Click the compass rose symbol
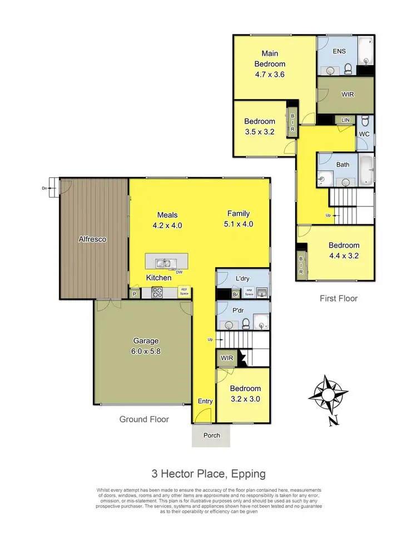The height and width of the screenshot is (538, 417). click(x=329, y=397)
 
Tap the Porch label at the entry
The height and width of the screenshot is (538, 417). click(x=211, y=435)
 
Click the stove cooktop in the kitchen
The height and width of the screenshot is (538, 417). click(x=157, y=292)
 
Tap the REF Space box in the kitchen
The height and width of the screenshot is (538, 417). click(x=184, y=291)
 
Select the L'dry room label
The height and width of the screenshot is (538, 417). click(x=242, y=278)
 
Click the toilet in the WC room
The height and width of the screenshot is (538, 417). click(x=365, y=122)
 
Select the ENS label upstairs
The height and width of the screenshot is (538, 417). click(x=339, y=51)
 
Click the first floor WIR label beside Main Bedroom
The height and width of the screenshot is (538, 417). click(x=347, y=94)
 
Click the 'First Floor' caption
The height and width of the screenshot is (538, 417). click(x=339, y=298)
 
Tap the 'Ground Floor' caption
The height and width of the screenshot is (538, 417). click(x=144, y=419)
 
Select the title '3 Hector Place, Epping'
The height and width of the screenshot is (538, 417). click(x=209, y=474)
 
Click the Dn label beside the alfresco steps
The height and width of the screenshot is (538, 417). click(x=44, y=188)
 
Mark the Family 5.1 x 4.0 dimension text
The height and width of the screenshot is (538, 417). click(x=238, y=219)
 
